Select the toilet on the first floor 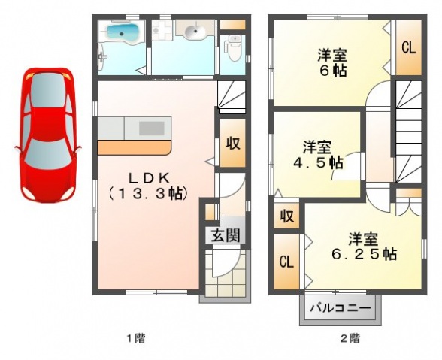pos(234,48)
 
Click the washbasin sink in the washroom pos(194,30)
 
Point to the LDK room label pos(149,186)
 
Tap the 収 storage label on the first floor pos(233,144)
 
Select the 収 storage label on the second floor pos(286,216)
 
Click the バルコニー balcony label pos(341,307)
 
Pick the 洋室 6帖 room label pos(332,63)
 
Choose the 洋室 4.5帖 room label pos(318,155)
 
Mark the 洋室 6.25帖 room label pos(364,247)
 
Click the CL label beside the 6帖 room pos(408,48)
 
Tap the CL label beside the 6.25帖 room pos(286,262)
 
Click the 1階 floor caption pos(136,337)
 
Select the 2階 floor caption pos(350,337)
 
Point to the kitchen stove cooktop pos(152,129)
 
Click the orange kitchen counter pos(134,147)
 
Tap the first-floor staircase pos(232,97)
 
